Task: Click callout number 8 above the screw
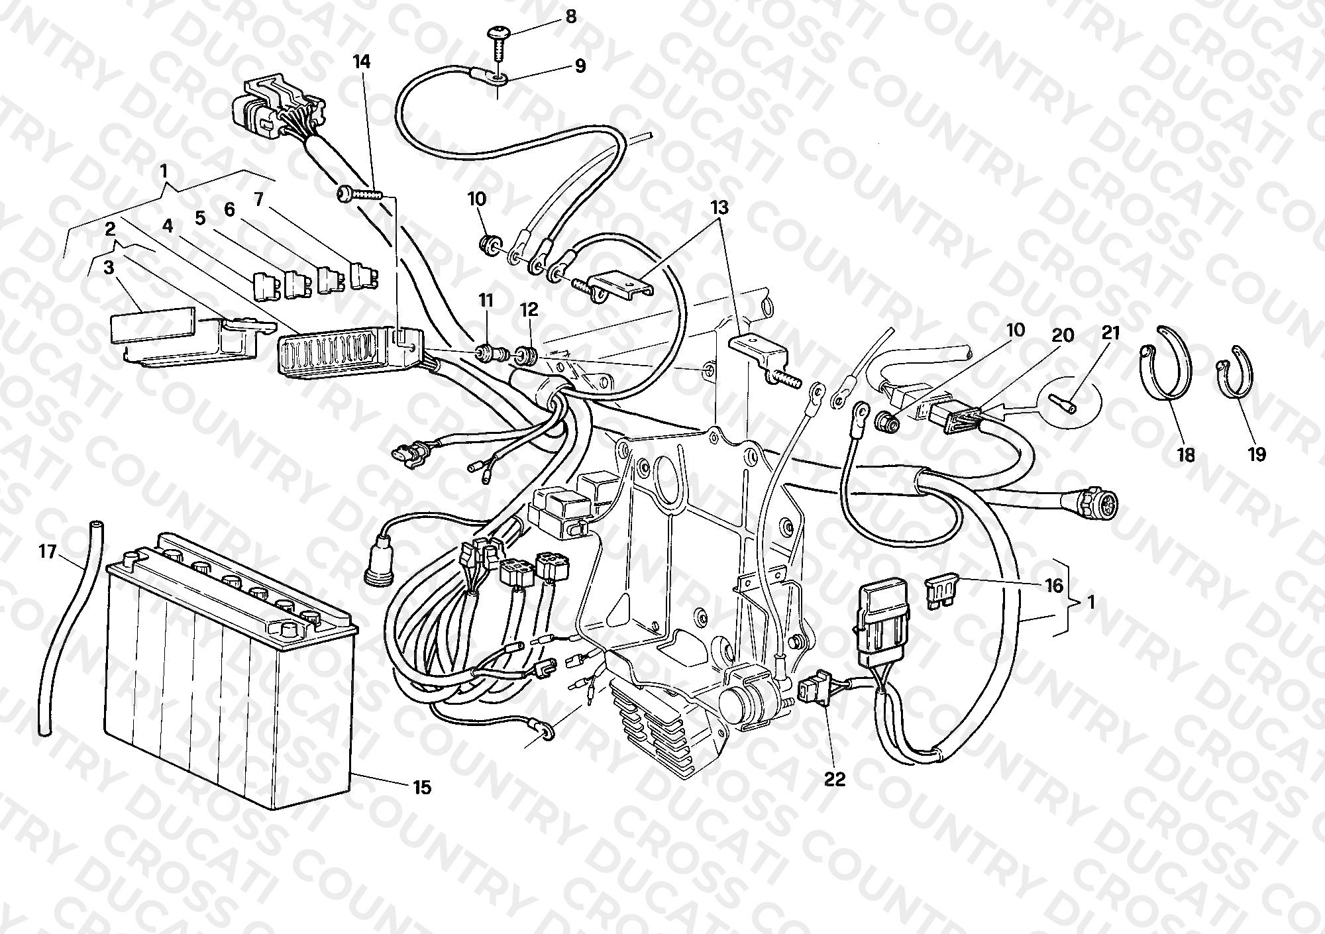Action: coord(570,16)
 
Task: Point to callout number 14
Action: coord(362,62)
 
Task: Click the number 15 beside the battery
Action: coord(421,788)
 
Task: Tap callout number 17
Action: coord(48,551)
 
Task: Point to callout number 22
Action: coord(835,780)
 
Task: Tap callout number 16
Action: coord(1053,586)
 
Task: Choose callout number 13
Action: coord(719,207)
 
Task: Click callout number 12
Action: coord(529,310)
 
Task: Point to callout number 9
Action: coord(580,66)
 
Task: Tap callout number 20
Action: coord(1063,336)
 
